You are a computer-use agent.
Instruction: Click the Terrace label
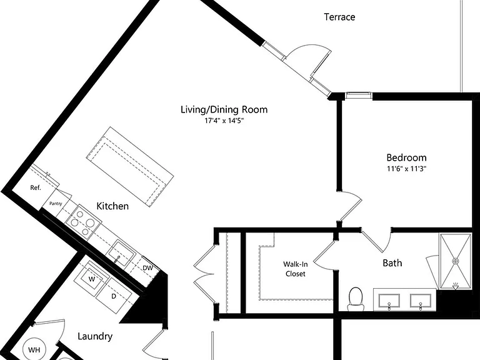339,17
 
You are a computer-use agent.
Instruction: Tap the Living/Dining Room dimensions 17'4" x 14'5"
224,121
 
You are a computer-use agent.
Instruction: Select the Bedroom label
406,157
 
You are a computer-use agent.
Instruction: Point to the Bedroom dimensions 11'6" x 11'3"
406,169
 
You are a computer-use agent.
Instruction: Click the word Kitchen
112,206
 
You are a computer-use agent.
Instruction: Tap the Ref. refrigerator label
36,187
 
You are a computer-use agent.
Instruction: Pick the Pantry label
56,204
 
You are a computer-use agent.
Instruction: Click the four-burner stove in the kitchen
83,222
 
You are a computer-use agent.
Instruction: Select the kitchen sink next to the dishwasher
121,254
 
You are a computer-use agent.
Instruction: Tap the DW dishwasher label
147,268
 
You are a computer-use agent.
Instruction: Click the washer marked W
92,279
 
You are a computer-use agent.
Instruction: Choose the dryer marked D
114,296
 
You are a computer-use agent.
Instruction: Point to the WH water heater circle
34,349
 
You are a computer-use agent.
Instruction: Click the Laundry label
95,336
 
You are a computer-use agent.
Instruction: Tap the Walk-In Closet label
296,269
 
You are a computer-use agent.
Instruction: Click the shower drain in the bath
456,261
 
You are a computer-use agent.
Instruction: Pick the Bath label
392,263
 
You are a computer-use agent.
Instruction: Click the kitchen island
130,167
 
